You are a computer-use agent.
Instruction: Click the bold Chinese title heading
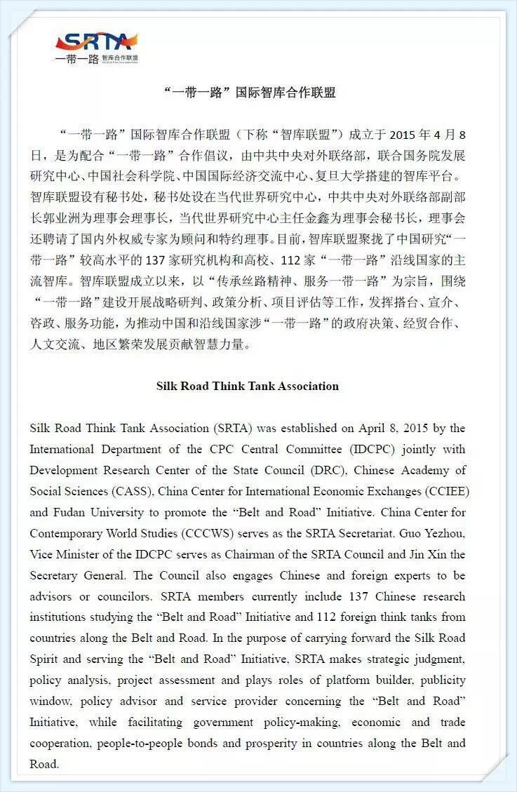point(249,93)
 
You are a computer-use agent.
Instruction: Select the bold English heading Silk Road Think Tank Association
point(247,386)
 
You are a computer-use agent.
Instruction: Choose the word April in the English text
point(380,428)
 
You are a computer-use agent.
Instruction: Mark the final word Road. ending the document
point(44,765)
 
